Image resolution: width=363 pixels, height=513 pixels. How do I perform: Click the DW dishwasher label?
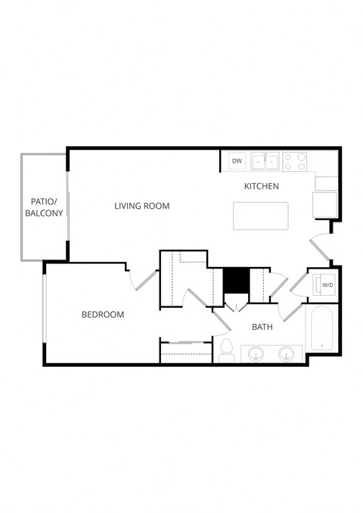pyautogui.click(x=237, y=160)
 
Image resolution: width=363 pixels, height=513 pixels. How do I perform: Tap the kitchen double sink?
pyautogui.click(x=265, y=160)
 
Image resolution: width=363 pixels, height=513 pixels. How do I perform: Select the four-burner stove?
pyautogui.click(x=295, y=160)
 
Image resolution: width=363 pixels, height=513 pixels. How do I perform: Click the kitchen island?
pyautogui.click(x=261, y=216)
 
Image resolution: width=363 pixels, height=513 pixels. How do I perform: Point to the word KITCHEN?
pyautogui.click(x=262, y=186)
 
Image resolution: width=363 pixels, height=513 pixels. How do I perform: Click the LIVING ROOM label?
pyautogui.click(x=141, y=206)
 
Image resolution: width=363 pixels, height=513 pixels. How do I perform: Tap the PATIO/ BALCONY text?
pyautogui.click(x=44, y=207)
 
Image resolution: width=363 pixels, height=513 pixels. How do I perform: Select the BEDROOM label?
pyautogui.click(x=103, y=315)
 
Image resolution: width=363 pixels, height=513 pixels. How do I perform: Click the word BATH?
pyautogui.click(x=262, y=327)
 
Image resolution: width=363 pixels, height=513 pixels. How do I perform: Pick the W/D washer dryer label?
pyautogui.click(x=327, y=285)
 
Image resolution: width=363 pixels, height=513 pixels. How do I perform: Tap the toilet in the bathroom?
pyautogui.click(x=226, y=350)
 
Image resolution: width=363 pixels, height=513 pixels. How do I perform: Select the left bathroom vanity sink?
pyautogui.click(x=257, y=353)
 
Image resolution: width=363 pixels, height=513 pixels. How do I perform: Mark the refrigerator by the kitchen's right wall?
pyautogui.click(x=325, y=204)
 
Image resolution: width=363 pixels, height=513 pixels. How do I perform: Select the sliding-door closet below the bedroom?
pyautogui.click(x=185, y=353)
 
